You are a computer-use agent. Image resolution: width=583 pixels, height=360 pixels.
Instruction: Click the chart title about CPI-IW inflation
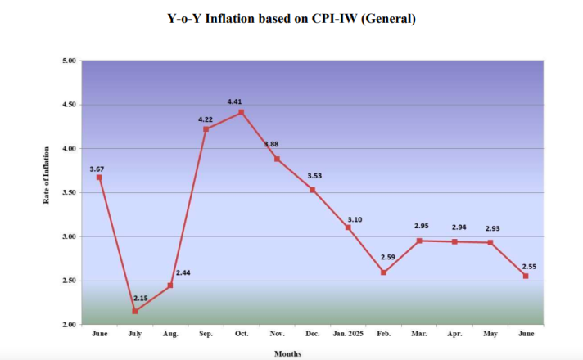tap(291, 18)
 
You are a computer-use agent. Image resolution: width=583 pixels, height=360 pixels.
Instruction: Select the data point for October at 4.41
tap(241, 112)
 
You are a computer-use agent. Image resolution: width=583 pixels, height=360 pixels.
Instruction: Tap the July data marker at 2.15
tap(134, 311)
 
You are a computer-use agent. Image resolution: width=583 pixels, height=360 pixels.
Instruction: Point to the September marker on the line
tap(206, 129)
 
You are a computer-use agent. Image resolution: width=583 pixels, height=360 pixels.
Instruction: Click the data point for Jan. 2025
tap(348, 227)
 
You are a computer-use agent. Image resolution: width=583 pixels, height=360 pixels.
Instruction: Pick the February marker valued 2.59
tap(383, 272)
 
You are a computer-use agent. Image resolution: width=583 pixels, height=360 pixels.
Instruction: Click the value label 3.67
tap(97, 169)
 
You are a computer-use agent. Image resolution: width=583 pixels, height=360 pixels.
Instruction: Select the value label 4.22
tap(206, 119)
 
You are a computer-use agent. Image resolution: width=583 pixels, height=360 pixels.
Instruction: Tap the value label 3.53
tap(315, 176)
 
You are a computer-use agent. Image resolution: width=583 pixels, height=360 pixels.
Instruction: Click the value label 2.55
tap(528, 266)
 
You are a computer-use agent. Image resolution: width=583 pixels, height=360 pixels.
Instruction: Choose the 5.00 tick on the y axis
tap(69, 61)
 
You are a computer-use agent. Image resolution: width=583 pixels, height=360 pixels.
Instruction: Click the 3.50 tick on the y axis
tap(69, 193)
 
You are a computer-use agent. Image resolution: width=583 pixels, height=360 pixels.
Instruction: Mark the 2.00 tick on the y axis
tap(69, 325)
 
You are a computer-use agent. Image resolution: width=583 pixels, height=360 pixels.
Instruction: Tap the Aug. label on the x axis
tap(169, 335)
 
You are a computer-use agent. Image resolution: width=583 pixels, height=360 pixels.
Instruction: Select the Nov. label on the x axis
tap(277, 335)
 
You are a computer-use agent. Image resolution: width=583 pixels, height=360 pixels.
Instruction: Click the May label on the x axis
tap(490, 335)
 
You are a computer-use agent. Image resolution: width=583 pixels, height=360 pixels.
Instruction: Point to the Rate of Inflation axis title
tap(47, 193)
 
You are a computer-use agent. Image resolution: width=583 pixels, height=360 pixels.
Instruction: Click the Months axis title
tap(287, 353)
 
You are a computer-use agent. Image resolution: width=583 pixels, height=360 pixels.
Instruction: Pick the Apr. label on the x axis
tap(454, 335)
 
